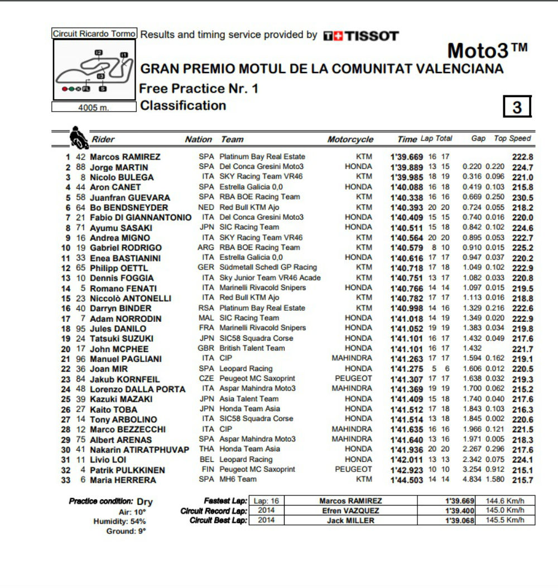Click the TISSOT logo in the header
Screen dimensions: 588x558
click(361, 36)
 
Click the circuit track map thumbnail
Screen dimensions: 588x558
click(94, 70)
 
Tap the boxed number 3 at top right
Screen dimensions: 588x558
click(517, 107)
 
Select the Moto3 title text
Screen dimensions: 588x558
click(487, 51)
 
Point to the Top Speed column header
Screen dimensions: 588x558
click(512, 138)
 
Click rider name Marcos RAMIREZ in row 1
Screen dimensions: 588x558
click(125, 157)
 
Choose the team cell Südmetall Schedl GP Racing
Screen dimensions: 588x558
click(268, 267)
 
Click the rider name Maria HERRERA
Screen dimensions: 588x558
click(123, 480)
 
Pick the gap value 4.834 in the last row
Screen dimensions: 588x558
click(472, 480)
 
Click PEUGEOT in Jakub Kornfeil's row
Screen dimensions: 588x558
click(353, 378)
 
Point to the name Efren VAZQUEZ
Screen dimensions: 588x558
click(350, 510)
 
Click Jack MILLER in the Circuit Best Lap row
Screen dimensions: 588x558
click(350, 520)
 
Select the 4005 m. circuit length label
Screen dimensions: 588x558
click(93, 108)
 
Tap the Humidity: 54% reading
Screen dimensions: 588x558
click(119, 521)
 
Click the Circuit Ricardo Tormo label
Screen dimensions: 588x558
click(94, 33)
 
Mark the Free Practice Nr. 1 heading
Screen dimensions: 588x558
click(198, 88)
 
